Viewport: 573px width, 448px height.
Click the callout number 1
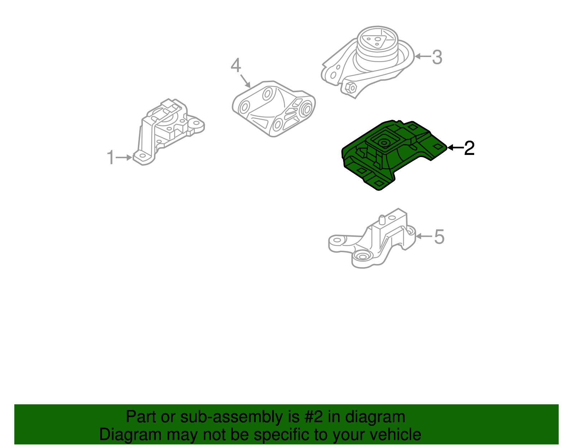click(x=111, y=157)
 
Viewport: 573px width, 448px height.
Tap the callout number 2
click(x=469, y=148)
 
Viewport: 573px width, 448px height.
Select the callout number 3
click(x=437, y=57)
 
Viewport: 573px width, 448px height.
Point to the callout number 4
click(x=236, y=66)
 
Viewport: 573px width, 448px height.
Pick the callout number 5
click(x=439, y=237)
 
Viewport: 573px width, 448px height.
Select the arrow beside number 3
click(x=423, y=56)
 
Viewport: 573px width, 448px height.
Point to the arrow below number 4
click(x=245, y=81)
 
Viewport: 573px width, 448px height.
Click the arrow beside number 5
click(x=424, y=236)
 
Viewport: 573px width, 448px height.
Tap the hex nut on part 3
click(x=351, y=87)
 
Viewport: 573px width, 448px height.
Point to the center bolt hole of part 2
click(x=384, y=143)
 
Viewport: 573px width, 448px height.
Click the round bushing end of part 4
click(x=307, y=109)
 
